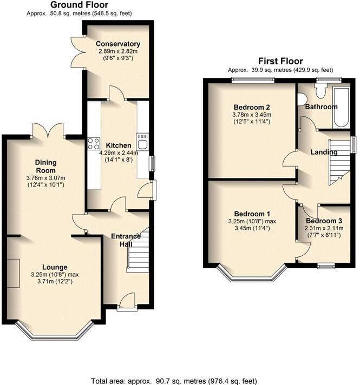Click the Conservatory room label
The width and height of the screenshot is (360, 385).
point(118,44)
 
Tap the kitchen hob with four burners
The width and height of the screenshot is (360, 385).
point(93,144)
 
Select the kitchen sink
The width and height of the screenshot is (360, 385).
point(143,144)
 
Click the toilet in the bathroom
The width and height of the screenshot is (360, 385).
point(319,92)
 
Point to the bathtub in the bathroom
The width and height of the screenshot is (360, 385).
point(341,107)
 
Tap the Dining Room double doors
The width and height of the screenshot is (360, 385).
point(48,131)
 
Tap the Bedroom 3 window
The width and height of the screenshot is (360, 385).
point(326,265)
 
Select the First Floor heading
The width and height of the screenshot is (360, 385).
point(280,61)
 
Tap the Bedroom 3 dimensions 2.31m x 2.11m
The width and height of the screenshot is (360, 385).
point(324,232)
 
